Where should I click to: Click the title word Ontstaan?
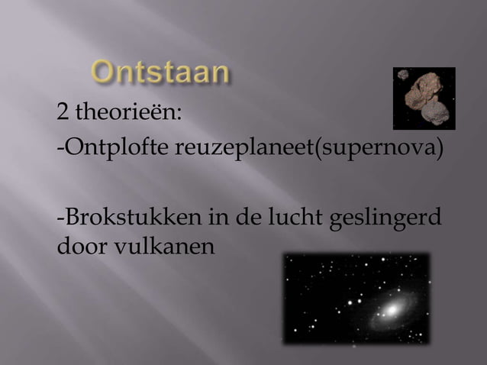pyautogui.click(x=161, y=73)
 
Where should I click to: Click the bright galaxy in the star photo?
pyautogui.click(x=392, y=310)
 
